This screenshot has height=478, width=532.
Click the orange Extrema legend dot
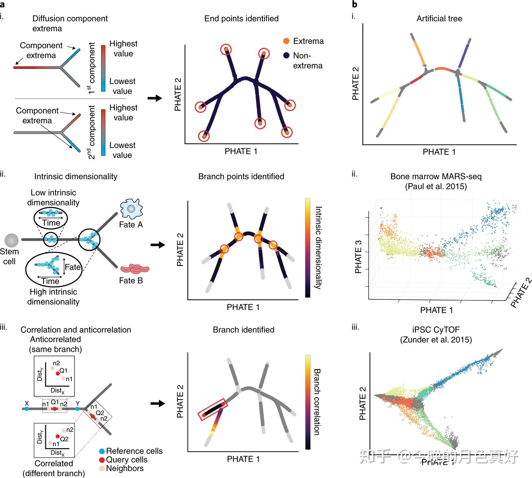pyautogui.click(x=286, y=41)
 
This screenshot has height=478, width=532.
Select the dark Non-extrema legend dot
pyautogui.click(x=286, y=55)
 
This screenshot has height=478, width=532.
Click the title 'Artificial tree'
pyautogui.click(x=439, y=19)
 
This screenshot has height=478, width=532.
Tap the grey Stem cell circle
pyautogui.click(x=12, y=240)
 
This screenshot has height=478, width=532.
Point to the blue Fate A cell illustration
pyautogui.click(x=131, y=208)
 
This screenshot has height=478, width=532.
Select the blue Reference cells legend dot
pyautogui.click(x=102, y=451)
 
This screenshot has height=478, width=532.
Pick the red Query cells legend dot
pyautogui.click(x=102, y=460)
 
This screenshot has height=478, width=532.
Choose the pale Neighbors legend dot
pyautogui.click(x=102, y=468)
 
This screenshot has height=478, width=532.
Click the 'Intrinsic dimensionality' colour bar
pyautogui.click(x=308, y=247)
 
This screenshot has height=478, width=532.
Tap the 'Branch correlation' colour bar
pyautogui.click(x=308, y=402)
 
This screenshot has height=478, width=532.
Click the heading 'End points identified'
pyautogui.click(x=241, y=19)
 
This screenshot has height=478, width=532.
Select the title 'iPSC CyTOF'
pyautogui.click(x=436, y=330)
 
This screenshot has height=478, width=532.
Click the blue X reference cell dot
pyautogui.click(x=27, y=409)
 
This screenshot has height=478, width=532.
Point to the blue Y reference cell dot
pyautogui.click(x=78, y=409)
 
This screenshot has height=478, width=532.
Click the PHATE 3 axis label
pyautogui.click(x=358, y=257)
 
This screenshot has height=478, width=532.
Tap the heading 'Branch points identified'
pyautogui.click(x=241, y=177)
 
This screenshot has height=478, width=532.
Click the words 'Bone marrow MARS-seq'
pyautogui.click(x=436, y=177)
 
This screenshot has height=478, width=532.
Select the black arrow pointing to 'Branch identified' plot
pyautogui.click(x=158, y=403)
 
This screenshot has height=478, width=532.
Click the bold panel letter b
pyautogui.click(x=355, y=4)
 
